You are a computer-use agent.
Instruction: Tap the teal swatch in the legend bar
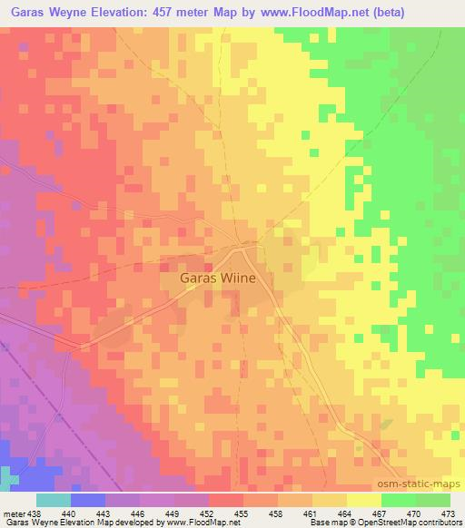pos(53,500)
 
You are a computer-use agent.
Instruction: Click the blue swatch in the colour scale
pos(87,500)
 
